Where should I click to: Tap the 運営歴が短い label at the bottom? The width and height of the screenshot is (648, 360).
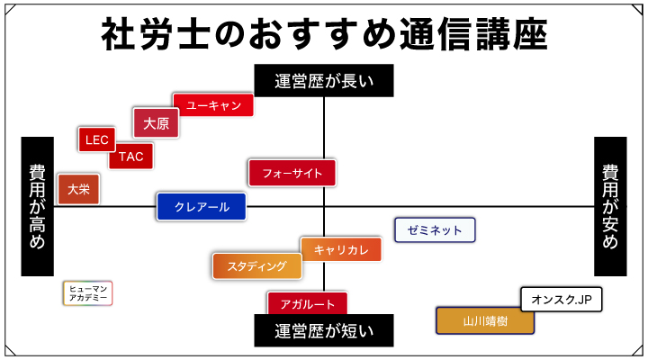tap(324, 330)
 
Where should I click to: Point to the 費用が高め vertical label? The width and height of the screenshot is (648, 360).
tap(37, 206)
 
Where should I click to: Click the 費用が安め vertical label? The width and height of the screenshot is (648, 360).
tap(610, 206)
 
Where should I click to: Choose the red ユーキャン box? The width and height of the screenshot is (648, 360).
tap(213, 105)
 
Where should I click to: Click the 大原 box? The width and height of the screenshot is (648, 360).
tap(156, 123)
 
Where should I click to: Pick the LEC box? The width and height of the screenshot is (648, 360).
tap(96, 139)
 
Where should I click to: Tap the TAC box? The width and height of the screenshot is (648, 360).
tap(130, 157)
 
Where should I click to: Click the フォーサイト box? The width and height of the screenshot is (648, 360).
tap(292, 172)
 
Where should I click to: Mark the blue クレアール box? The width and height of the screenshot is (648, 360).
tap(202, 207)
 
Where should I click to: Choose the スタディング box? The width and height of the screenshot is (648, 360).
tap(256, 265)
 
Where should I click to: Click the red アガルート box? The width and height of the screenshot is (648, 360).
tap(307, 303)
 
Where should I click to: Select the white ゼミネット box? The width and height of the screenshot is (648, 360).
tap(435, 230)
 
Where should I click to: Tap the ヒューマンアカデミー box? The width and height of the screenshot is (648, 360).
tap(87, 292)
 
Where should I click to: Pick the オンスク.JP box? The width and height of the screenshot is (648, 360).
tap(562, 299)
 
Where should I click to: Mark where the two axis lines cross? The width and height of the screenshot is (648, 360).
tap(324, 206)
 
